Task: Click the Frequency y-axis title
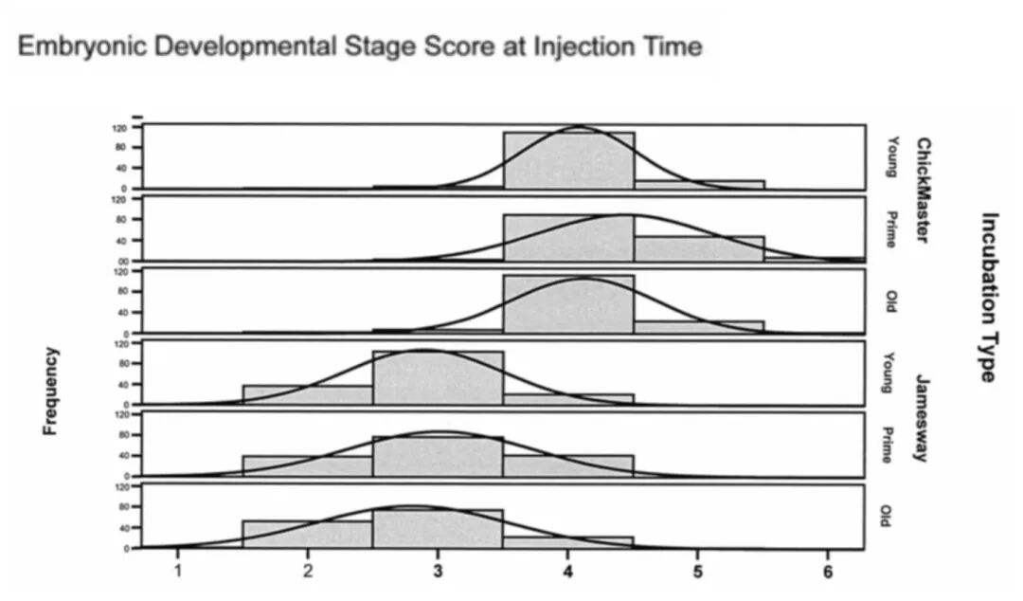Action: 51,391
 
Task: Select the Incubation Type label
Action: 988,297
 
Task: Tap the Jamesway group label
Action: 921,418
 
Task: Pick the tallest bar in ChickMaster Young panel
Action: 568,159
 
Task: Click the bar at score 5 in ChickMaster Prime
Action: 698,248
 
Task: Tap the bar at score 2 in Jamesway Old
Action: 308,535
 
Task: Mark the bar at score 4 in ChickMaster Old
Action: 568,304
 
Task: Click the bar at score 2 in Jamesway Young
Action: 308,394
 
